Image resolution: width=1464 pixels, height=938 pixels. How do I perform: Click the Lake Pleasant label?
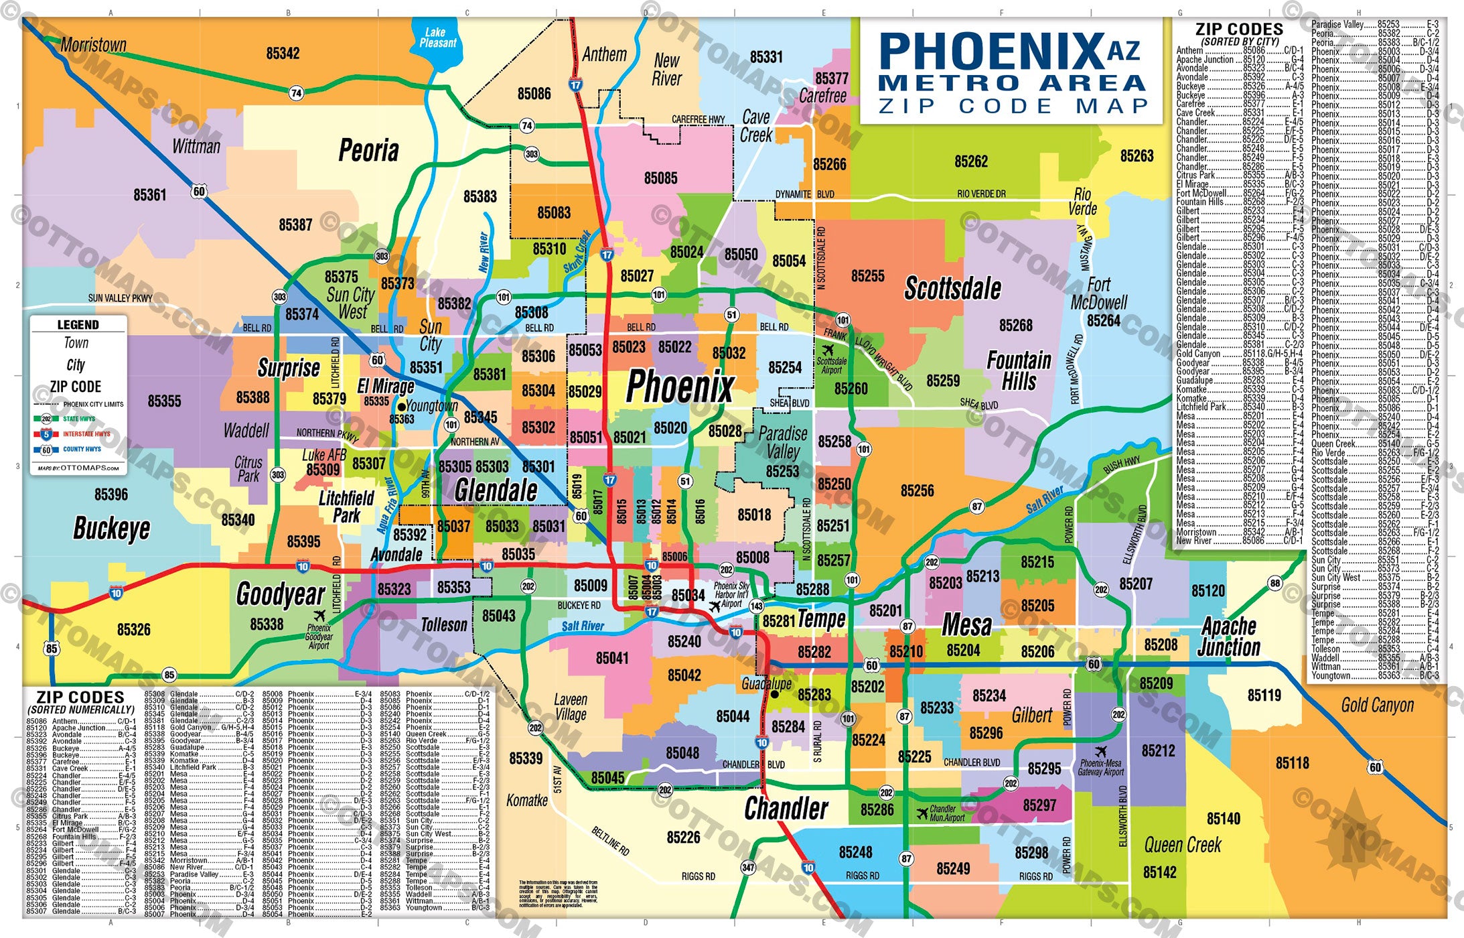pyautogui.click(x=438, y=38)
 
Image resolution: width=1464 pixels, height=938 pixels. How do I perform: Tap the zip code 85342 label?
pyautogui.click(x=283, y=54)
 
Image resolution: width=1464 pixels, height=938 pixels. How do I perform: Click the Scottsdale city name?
pyautogui.click(x=952, y=289)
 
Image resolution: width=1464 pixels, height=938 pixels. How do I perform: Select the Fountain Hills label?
pyautogui.click(x=1019, y=371)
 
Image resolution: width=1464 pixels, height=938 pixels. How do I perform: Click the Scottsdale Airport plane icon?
pyautogui.click(x=828, y=350)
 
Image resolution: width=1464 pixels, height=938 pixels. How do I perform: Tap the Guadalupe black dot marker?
pyautogui.click(x=774, y=695)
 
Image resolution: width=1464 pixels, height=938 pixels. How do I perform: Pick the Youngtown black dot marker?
pyautogui.click(x=401, y=407)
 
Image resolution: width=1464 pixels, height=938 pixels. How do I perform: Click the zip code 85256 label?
pyautogui.click(x=917, y=491)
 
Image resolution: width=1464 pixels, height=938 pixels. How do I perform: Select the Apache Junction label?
pyautogui.click(x=1229, y=636)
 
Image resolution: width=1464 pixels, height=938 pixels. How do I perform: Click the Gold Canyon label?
pyautogui.click(x=1377, y=705)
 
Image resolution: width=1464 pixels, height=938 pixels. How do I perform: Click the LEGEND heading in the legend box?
pyautogui.click(x=78, y=325)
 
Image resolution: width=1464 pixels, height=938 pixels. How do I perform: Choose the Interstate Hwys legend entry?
pyautogui.click(x=86, y=434)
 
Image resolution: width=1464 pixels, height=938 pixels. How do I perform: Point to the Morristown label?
pyautogui.click(x=93, y=45)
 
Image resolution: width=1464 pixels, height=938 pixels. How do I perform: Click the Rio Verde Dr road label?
pyautogui.click(x=981, y=194)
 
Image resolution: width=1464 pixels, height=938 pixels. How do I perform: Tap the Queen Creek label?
pyautogui.click(x=1182, y=845)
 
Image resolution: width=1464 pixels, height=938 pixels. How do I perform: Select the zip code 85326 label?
pyautogui.click(x=133, y=630)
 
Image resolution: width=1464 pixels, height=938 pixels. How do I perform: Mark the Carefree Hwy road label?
pyautogui.click(x=698, y=119)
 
